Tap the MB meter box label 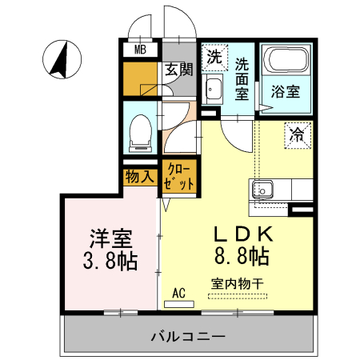point(140,50)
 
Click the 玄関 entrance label point(178,70)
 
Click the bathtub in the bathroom point(286,61)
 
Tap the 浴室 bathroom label point(286,90)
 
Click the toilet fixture point(141,132)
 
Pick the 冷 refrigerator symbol point(297,135)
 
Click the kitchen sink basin point(264,190)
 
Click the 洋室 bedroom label point(110,238)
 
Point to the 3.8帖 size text point(110,261)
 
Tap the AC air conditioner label point(178,292)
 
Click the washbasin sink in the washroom point(214,87)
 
